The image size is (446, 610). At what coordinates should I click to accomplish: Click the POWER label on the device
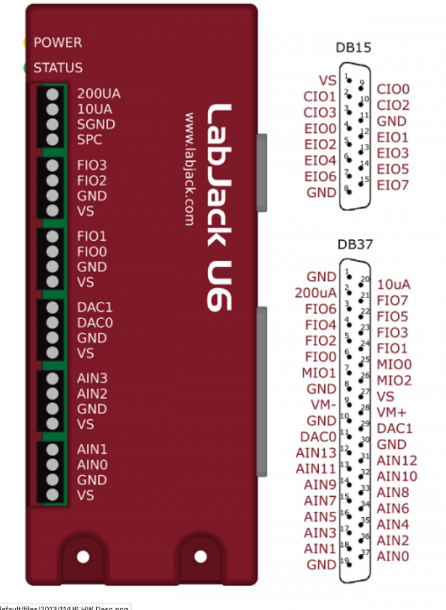point(58,43)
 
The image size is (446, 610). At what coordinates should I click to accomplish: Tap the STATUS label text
point(58,68)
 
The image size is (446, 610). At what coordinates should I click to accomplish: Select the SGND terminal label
point(96,124)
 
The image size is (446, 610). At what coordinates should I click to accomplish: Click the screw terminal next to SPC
point(53,140)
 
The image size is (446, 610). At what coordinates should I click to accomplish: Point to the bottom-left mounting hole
point(82,557)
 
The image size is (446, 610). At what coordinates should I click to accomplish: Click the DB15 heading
point(353,48)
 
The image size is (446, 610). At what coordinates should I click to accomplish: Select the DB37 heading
point(355,245)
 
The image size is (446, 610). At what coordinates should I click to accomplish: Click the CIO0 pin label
point(393,89)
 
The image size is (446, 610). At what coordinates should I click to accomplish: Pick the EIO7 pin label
point(393,186)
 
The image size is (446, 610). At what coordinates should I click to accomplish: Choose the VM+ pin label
point(393,413)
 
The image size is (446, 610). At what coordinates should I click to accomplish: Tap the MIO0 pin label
point(395,365)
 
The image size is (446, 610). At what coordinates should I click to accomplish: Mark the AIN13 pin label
point(316,453)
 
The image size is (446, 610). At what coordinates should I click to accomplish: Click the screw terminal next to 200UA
point(53,94)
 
